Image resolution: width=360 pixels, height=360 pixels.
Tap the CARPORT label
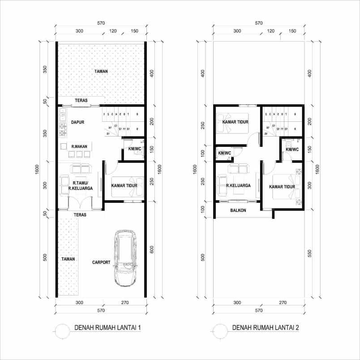point(101,263)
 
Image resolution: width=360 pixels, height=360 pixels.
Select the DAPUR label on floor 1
point(74,122)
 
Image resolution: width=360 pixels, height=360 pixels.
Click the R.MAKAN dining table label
point(79,146)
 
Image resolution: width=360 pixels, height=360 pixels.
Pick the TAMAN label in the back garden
point(101,71)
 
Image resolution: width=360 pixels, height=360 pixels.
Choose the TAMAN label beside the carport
point(68,259)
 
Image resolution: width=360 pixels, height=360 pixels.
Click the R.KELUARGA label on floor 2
point(238,185)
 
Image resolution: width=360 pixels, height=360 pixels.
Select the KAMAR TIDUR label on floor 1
point(124,185)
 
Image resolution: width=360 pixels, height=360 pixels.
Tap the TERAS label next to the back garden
point(81,100)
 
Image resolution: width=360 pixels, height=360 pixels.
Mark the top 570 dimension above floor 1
point(101,23)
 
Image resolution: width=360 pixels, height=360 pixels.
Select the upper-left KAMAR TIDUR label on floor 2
point(236,122)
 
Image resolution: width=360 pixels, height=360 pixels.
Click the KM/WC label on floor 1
point(134,149)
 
